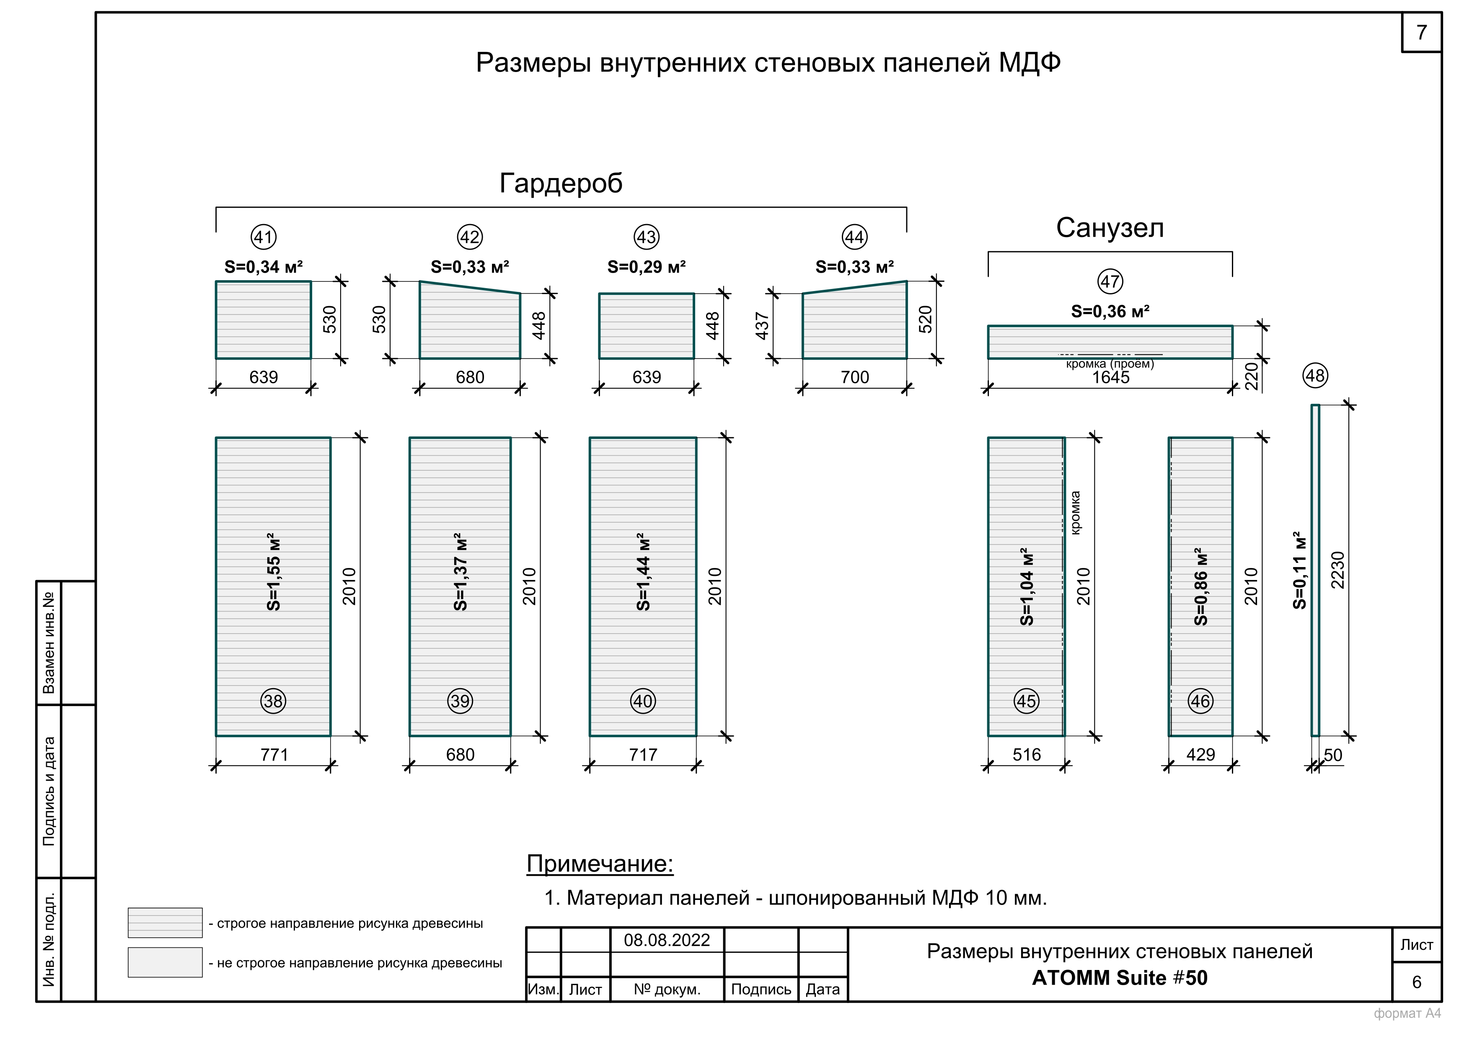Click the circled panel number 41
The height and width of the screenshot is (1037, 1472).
(x=264, y=237)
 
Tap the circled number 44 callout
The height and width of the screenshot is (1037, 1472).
(x=855, y=237)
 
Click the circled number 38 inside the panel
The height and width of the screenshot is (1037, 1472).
(x=273, y=701)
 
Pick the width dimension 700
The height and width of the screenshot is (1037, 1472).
(x=855, y=377)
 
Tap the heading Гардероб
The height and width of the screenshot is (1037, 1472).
(x=561, y=183)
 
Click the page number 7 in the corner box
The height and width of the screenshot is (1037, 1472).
(x=1421, y=32)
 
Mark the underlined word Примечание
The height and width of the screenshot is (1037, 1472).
(x=600, y=864)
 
